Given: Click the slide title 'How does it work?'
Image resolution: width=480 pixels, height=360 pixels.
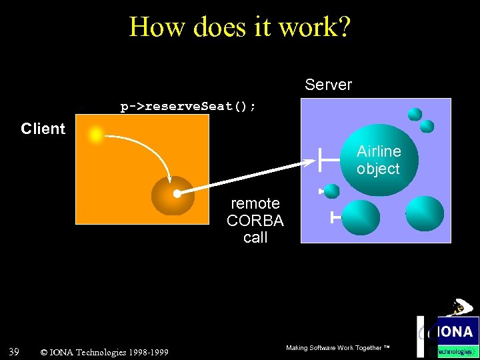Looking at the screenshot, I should [240, 27].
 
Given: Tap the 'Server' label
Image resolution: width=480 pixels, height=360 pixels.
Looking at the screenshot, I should [328, 85].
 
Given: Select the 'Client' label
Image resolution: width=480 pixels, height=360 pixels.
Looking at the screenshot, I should [43, 129].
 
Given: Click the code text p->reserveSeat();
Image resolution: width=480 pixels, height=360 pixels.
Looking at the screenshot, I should [188, 107].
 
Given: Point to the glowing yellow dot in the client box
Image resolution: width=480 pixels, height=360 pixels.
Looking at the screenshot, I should [96, 135].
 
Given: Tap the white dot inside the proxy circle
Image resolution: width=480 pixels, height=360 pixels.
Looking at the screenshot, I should [177, 194].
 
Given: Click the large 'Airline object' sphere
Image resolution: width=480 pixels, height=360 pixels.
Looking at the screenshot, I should [378, 160].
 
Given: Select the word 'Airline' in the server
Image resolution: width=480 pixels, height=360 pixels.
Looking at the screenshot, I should [378, 151].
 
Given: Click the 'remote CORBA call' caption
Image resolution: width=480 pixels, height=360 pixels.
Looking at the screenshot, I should [255, 220].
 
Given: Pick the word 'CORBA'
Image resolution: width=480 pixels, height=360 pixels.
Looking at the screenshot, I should [255, 221].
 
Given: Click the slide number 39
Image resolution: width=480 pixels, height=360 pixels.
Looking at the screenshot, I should [13, 351].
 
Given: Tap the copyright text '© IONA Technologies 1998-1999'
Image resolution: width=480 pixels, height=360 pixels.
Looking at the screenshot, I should [104, 352].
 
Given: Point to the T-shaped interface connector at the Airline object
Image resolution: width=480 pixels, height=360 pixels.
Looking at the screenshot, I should [323, 161].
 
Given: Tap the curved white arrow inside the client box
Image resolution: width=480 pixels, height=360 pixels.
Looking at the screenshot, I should [143, 150].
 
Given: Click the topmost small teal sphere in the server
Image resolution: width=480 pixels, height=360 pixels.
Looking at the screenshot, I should [415, 114].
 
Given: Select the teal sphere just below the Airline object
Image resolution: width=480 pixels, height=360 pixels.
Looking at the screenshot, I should [361, 217].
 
